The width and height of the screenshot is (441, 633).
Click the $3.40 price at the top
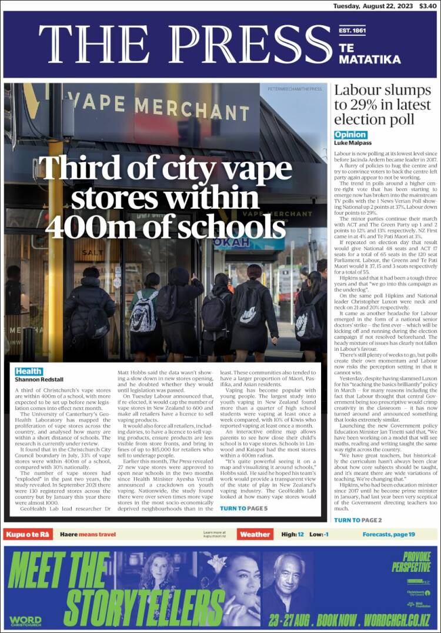pyautogui.click(x=427, y=5)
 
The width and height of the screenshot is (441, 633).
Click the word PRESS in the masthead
pyautogui.click(x=253, y=45)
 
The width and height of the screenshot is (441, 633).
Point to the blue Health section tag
pyautogui.click(x=29, y=371)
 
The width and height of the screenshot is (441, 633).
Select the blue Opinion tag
pyautogui.click(x=350, y=135)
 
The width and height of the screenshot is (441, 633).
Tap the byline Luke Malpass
pyautogui.click(x=353, y=143)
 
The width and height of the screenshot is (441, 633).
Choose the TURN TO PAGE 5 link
pyautogui.click(x=243, y=508)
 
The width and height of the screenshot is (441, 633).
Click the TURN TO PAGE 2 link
pyautogui.click(x=358, y=520)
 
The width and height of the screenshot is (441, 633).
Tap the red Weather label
pyautogui.click(x=255, y=534)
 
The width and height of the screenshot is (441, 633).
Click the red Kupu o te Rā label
pyautogui.click(x=29, y=534)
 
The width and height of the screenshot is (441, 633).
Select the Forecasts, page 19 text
pyautogui.click(x=389, y=534)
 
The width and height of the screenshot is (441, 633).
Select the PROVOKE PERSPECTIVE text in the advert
pyautogui.click(x=412, y=562)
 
